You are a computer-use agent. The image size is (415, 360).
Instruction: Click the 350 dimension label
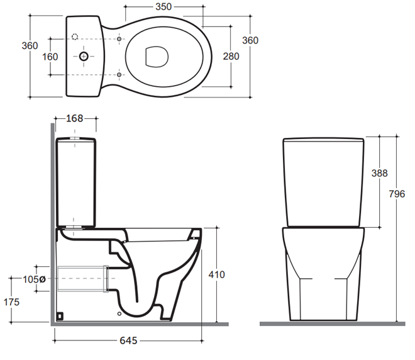coord(163,7)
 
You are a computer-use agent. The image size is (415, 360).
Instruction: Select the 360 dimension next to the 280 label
coord(250,40)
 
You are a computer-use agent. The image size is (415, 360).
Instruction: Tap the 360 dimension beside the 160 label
coord(30,45)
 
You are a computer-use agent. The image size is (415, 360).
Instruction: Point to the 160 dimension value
coord(50,57)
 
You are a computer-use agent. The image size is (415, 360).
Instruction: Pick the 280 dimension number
coord(231,57)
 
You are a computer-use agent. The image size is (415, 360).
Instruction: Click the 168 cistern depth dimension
coord(74,118)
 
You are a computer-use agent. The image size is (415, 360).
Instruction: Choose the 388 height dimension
coord(380,173)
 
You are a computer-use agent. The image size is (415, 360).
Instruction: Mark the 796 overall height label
coord(397,194)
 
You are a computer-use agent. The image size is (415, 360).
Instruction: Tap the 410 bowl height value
coord(216,274)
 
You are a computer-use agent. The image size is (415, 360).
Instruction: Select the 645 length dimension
coord(128,340)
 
